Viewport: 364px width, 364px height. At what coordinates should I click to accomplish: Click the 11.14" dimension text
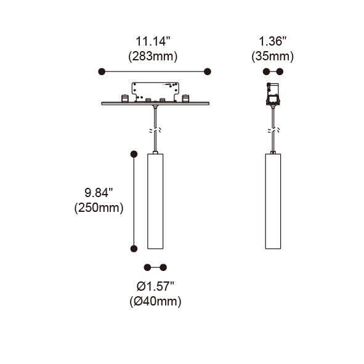[153, 41]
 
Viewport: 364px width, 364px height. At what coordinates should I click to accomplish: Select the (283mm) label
[153, 57]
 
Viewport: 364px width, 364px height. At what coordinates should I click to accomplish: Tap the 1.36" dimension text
[272, 41]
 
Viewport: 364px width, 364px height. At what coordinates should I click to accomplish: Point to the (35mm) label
[272, 57]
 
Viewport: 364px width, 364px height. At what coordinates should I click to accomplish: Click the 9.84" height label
[99, 193]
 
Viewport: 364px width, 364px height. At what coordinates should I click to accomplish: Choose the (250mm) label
[99, 208]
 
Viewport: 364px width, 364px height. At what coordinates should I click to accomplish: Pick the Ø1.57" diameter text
[155, 286]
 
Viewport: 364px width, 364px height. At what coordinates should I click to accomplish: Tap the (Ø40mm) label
[155, 301]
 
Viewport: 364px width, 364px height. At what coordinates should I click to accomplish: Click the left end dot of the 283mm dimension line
[102, 71]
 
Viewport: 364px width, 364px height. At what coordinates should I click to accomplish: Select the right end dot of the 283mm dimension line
[208, 71]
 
